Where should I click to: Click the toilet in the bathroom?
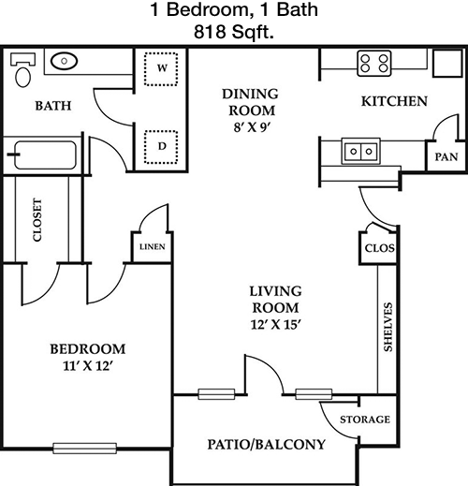[23, 70]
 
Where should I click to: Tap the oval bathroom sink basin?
[64, 61]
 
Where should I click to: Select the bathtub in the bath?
[44, 155]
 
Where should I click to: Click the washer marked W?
[161, 68]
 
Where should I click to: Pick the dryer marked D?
[161, 147]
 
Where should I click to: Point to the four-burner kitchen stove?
[374, 64]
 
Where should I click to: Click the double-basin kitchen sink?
[361, 151]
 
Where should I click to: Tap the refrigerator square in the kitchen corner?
[447, 63]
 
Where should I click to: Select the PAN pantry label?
[446, 156]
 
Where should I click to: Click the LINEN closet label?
[153, 247]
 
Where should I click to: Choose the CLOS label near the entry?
[380, 248]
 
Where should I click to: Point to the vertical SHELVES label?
[388, 327]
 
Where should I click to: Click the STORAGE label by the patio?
[365, 420]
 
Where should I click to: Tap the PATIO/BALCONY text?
[267, 444]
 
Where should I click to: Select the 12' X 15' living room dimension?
[275, 325]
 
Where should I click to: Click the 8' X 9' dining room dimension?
[252, 127]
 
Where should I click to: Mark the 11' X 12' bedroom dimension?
[87, 365]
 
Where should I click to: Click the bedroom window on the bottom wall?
[85, 449]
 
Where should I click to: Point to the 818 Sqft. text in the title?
[234, 32]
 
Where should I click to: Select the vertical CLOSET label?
[37, 220]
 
